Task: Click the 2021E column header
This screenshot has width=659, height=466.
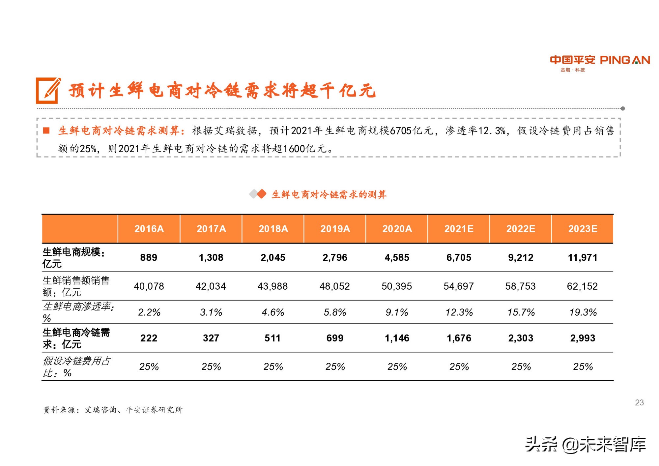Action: [459, 229]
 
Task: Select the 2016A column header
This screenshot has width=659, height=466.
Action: [149, 229]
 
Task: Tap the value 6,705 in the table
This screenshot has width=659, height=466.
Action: [459, 257]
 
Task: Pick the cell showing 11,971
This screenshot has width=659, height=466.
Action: [583, 257]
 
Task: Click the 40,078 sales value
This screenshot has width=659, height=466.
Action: [149, 286]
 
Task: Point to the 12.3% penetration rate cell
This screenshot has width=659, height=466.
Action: [459, 312]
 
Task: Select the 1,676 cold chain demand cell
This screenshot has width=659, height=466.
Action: [459, 338]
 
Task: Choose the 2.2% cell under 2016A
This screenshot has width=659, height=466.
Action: [149, 312]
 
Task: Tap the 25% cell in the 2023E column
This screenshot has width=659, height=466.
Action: [583, 366]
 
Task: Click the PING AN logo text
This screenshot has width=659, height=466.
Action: [625, 60]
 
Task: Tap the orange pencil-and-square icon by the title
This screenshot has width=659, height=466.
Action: [48, 90]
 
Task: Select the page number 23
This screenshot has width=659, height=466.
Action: [639, 402]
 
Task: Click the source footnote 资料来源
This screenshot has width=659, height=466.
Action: [113, 410]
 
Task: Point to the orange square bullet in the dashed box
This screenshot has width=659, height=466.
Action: [46, 131]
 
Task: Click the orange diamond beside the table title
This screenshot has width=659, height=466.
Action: [262, 194]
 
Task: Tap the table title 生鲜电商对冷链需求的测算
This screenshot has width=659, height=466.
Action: [329, 194]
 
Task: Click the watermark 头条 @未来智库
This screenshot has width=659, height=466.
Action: [585, 445]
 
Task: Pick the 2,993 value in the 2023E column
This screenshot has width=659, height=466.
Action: [583, 338]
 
